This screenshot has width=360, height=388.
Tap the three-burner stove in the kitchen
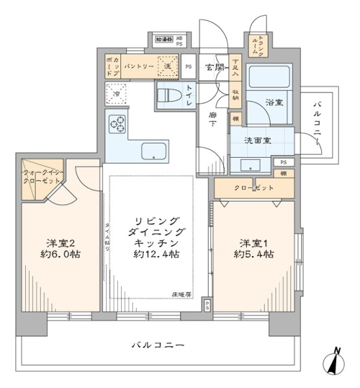coord(118,124)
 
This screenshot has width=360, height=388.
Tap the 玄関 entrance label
coord(214,67)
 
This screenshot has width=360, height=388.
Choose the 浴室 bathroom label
coord(273,101)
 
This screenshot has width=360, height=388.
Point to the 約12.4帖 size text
coord(157,255)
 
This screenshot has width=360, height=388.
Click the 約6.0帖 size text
coord(63,254)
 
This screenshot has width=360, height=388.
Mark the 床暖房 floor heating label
coord(181,295)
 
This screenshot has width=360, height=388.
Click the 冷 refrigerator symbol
coord(117,93)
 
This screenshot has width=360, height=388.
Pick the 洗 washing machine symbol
coord(166,66)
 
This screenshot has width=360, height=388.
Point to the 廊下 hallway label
coord(212,119)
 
